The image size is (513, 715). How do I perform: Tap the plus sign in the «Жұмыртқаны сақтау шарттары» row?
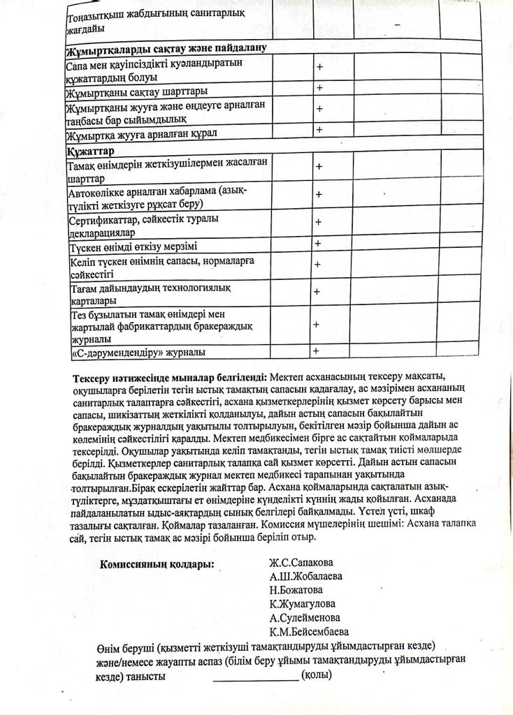pos(319,89)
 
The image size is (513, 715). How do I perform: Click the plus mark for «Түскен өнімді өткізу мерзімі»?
pos(318,244)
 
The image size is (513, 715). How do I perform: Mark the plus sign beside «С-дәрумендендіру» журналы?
pos(317,351)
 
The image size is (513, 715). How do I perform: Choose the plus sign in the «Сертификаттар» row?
pos(319,222)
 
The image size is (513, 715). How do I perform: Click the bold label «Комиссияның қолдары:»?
pos(157,564)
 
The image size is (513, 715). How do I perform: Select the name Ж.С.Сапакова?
pos(302,563)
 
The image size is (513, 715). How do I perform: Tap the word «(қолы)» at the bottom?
pos(316,675)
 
